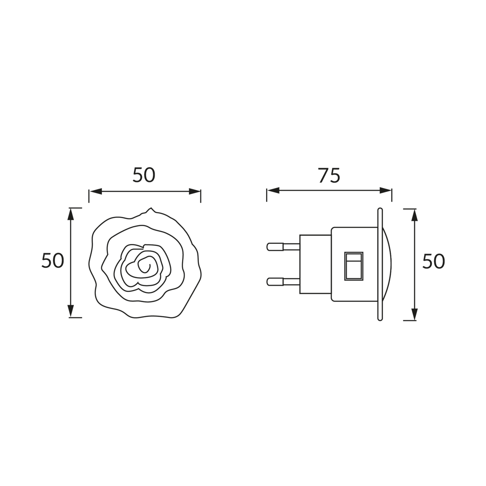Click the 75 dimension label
[330, 175]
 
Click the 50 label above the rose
[144, 175]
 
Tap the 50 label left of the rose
[52, 261]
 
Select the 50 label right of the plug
[434, 261]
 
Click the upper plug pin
[283, 247]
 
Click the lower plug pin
[283, 282]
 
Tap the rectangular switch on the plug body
[354, 266]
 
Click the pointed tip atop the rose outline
[151, 208]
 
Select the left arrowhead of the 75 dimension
[273, 191]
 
